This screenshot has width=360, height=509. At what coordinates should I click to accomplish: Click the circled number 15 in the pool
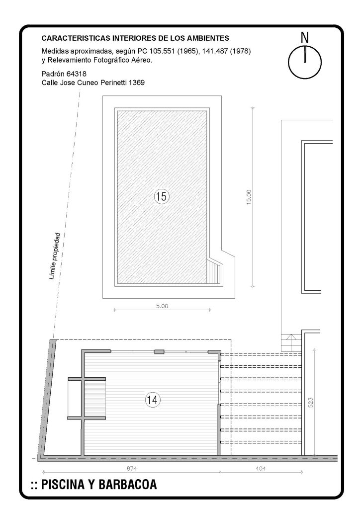coord(161,196)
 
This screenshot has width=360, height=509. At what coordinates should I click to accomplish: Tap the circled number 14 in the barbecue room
coord(153,400)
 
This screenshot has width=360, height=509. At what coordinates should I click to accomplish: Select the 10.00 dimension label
coord(249,197)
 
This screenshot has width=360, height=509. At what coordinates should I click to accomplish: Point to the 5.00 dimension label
coord(162,306)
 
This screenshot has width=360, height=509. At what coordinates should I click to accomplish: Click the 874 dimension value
coord(131,468)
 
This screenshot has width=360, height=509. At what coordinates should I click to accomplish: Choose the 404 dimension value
coord(261,468)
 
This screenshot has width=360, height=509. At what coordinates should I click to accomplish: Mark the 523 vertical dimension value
coord(310,403)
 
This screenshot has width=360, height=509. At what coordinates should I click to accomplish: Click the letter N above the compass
coord(304,38)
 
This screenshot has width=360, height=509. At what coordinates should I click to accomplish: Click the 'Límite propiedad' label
coord(54,256)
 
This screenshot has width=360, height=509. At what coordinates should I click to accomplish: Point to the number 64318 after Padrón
coord(76,74)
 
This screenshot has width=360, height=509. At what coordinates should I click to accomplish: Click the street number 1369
coord(137,83)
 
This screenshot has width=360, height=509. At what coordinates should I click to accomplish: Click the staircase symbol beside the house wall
coord(291,343)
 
